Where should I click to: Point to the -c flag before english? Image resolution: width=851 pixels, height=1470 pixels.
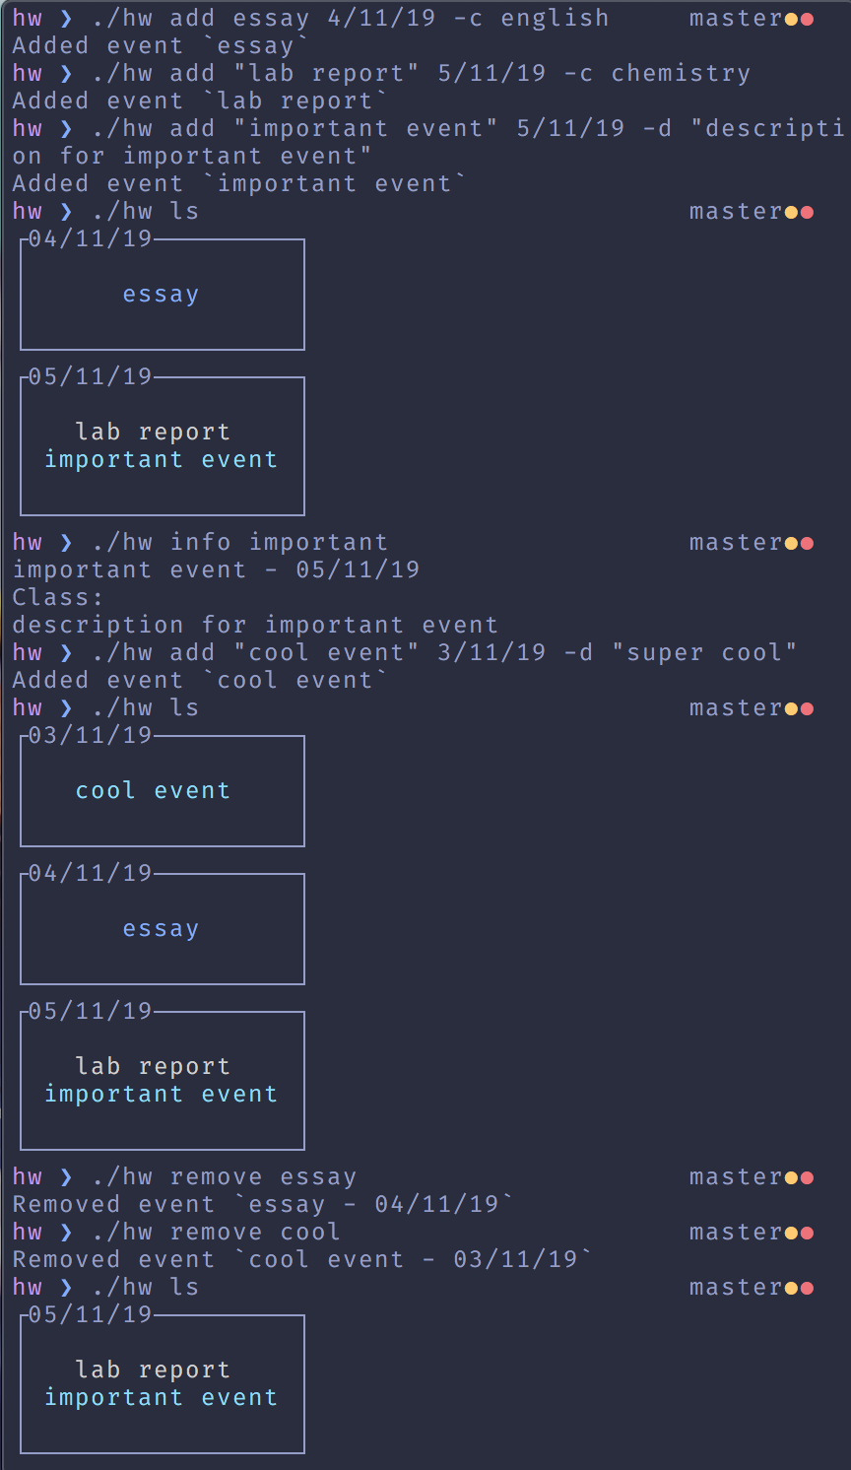click(468, 19)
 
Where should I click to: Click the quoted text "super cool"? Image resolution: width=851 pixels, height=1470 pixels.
click(704, 653)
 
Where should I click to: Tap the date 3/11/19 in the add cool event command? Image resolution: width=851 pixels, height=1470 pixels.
click(491, 653)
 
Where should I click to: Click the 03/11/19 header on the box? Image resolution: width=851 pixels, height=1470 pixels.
click(90, 735)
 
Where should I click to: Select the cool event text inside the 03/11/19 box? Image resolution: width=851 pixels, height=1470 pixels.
click(153, 791)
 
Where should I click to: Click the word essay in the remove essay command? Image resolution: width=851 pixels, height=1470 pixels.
click(318, 1177)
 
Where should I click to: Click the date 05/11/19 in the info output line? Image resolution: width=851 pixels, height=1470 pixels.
click(358, 570)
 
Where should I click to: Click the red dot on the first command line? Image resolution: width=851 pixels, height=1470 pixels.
click(807, 20)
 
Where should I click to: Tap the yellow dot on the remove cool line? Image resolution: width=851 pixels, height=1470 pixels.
click(791, 1234)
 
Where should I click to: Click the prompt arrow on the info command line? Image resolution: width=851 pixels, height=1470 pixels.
click(66, 543)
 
